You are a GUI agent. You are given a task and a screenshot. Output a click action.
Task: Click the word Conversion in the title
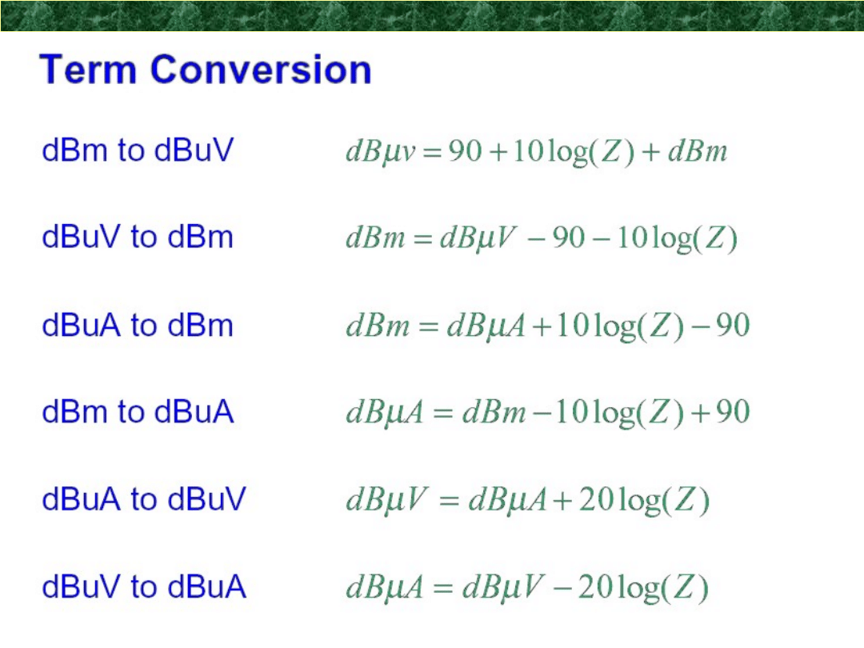261,70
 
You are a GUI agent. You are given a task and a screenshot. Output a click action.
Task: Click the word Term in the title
88,70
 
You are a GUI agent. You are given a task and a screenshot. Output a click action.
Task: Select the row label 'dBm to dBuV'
138,150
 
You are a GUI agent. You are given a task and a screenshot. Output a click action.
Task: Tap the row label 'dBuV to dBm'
138,237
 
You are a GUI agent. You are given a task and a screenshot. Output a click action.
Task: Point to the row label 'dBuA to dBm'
138,325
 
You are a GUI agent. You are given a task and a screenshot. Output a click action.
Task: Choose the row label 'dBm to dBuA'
138,412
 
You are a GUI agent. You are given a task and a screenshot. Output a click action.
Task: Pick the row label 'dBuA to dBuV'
144,498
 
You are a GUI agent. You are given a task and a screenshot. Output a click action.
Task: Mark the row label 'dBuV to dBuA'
144,586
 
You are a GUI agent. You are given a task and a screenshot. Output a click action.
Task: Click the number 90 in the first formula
465,150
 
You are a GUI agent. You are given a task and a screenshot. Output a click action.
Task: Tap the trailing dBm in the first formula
698,150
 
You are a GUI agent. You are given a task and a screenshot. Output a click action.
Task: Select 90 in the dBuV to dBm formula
569,238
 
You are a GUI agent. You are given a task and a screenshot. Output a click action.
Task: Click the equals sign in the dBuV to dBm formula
422,238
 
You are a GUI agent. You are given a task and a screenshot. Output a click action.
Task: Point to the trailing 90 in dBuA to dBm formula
733,325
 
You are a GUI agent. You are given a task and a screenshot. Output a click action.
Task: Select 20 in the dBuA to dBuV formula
596,499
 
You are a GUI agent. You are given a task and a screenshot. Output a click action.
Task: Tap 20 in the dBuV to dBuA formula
595,586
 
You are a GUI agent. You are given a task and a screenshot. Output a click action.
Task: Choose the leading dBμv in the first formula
380,151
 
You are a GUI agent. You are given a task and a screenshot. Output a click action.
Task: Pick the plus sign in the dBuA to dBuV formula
562,500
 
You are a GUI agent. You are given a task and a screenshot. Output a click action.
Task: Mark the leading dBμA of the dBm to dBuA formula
385,413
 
